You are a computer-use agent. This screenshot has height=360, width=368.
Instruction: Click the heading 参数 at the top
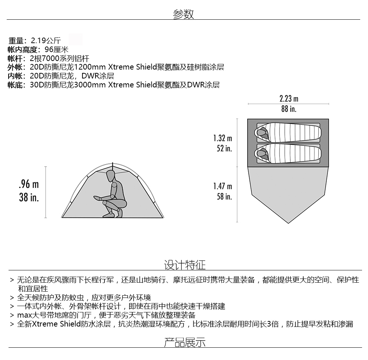pyautogui.click(x=183, y=14)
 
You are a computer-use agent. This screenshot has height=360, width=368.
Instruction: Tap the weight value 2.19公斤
pyautogui.click(x=46, y=41)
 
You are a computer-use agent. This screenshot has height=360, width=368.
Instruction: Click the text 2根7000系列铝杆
pyautogui.click(x=59, y=58)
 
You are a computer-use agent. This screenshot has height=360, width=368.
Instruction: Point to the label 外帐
pyautogui.click(x=15, y=67)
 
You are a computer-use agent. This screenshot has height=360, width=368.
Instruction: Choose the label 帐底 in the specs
pyautogui.click(x=15, y=85)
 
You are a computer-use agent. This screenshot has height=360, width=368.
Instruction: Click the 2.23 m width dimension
pyautogui.click(x=289, y=99)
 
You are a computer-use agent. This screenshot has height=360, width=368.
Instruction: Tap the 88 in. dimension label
pyautogui.click(x=289, y=109)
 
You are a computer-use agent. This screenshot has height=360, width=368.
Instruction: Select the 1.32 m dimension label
pyautogui.click(x=223, y=138)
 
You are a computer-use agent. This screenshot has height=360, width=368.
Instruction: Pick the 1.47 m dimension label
pyautogui.click(x=223, y=186)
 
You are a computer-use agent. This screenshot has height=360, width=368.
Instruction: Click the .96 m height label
pyautogui.click(x=29, y=184)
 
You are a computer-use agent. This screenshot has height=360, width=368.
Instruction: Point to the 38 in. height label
pyautogui.click(x=29, y=197)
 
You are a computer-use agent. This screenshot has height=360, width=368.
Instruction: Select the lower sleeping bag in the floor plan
pyautogui.click(x=288, y=153)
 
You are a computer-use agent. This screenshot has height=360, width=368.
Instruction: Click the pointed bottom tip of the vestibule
pyautogui.click(x=288, y=223)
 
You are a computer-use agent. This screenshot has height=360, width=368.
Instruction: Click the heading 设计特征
pyautogui.click(x=185, y=265)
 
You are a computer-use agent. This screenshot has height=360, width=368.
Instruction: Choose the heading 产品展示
pyautogui.click(x=185, y=342)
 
